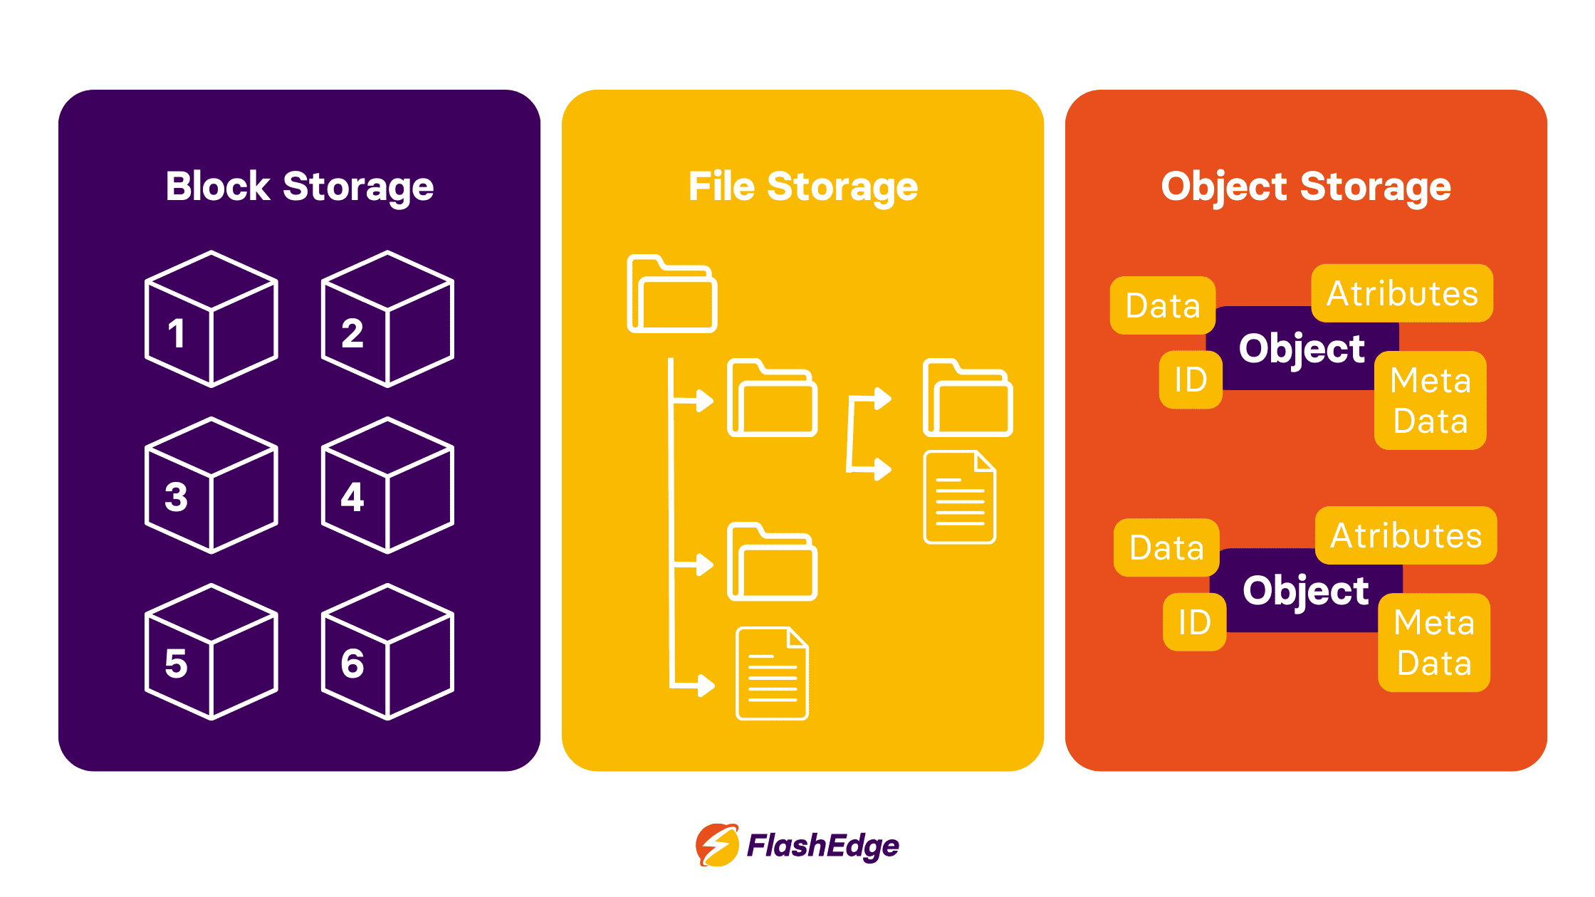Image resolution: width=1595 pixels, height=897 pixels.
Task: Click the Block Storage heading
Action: coord(299,187)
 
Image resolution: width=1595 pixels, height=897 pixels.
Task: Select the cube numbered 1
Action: coord(211,319)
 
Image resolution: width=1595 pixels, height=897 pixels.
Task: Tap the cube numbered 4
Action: coord(387,486)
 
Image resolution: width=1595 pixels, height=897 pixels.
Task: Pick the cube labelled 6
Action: coord(387,652)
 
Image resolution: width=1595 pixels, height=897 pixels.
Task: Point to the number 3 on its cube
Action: coord(176,497)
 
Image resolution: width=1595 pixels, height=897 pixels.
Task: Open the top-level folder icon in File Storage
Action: coord(671,294)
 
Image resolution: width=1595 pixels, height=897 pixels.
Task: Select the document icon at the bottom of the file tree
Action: coord(772,673)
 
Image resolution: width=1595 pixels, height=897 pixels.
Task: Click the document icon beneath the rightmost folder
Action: coord(959,498)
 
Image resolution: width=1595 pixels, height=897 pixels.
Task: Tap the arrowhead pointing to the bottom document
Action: coord(706,686)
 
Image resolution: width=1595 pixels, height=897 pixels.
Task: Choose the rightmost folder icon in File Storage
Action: coord(968,398)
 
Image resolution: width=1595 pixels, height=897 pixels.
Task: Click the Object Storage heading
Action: coord(1306,187)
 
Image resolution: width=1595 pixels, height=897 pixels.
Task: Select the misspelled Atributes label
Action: coord(1402,293)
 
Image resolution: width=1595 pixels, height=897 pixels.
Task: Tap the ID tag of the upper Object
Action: coord(1191,380)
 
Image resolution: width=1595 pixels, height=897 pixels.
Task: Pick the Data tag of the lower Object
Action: coord(1166,547)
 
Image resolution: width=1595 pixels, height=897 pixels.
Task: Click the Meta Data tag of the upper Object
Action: coord(1431,400)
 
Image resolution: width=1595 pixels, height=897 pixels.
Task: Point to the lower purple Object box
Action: coord(1305,591)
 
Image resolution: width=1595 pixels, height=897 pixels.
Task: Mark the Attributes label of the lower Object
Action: coord(1406,535)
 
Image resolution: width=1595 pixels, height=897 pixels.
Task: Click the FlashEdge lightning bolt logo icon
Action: coord(717,845)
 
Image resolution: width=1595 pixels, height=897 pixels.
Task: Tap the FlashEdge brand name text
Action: coord(822,846)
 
